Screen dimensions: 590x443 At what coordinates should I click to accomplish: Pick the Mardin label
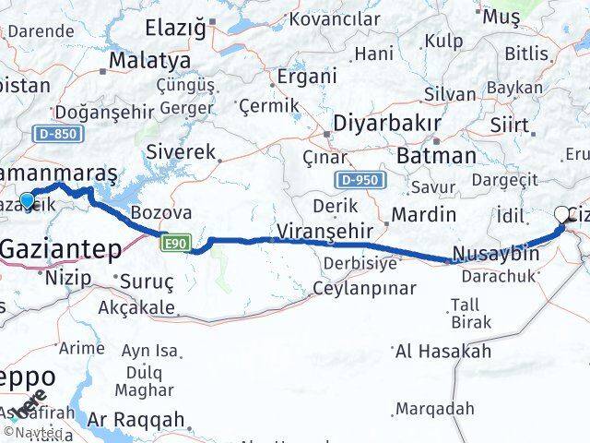pos(423,215)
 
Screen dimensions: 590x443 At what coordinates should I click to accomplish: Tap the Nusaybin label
pos(495,254)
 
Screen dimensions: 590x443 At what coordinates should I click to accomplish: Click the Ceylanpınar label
pos(363,289)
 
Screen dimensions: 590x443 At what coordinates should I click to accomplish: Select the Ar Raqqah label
pos(136,418)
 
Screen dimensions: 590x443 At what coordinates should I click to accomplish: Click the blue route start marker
pos(27,199)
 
